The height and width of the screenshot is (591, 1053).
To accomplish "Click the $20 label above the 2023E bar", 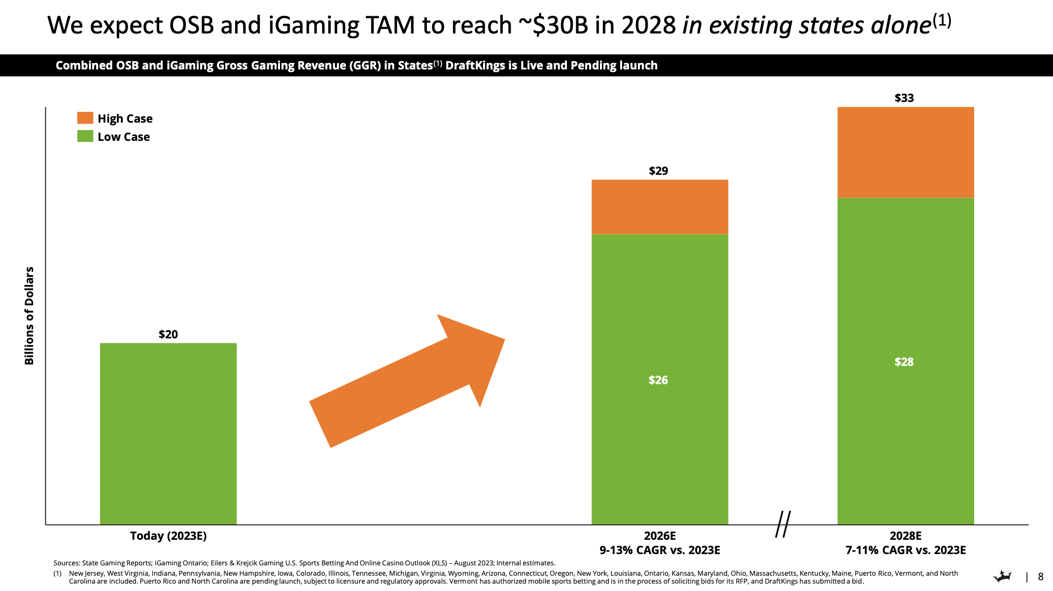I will point(168,334).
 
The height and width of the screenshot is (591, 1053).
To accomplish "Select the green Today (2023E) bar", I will point(168,433).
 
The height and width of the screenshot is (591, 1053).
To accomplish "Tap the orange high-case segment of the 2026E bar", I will point(660,207).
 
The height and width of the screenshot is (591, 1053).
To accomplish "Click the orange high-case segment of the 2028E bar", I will point(905,152).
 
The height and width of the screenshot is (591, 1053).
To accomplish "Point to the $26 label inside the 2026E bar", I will point(658,380).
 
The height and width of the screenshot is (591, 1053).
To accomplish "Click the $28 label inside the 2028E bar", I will point(904,362).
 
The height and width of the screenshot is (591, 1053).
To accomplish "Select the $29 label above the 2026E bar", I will point(658,171).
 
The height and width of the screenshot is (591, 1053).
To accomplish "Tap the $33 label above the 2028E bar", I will point(904,98).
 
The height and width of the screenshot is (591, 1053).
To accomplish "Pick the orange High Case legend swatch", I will point(85,118).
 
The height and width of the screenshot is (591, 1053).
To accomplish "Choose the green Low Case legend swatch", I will point(85,136).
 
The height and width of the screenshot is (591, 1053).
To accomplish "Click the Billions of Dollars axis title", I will point(30,316).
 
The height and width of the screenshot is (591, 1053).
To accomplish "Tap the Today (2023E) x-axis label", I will point(168,536).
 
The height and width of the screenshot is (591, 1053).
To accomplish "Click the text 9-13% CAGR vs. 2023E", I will point(660,550).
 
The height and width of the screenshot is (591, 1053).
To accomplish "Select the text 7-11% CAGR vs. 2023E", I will point(905,550).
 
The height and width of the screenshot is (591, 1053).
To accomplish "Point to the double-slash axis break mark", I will point(782,524).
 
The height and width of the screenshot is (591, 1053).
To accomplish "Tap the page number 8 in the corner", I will point(1041,577).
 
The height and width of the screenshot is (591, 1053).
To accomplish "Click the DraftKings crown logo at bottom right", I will point(1002,576).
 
